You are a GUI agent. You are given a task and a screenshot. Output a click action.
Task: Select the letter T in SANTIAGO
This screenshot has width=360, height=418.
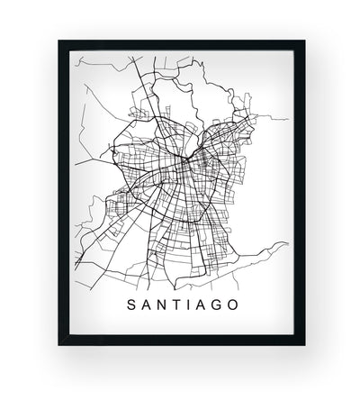[171, 304]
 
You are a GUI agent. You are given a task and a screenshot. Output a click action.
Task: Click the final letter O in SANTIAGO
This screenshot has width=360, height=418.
[232, 304]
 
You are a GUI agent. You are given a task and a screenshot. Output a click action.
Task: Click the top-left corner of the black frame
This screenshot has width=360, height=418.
[59, 41]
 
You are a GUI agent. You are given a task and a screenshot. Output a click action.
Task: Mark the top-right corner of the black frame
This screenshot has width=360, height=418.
[304, 41]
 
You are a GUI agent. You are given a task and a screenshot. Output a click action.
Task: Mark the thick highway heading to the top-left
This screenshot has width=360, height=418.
[135, 99]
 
